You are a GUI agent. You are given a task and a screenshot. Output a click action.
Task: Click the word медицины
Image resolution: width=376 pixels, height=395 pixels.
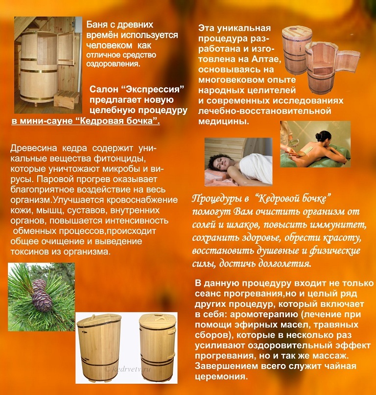click(224, 121)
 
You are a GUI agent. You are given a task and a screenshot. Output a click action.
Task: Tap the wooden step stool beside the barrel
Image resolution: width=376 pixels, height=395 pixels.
click(66, 99)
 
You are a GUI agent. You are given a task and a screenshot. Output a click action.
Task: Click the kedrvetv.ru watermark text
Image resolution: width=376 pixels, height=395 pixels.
click(128, 370)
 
